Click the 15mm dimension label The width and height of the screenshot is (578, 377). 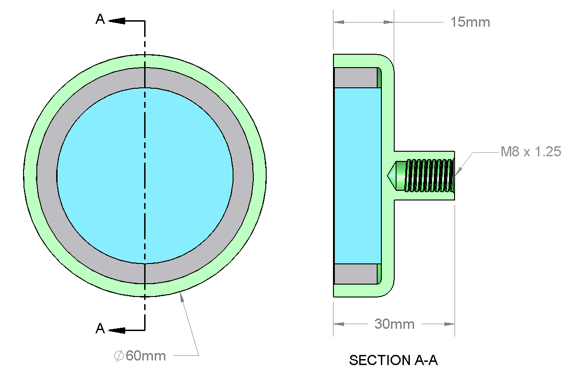tap(470, 22)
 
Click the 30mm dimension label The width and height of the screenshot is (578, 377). tap(394, 324)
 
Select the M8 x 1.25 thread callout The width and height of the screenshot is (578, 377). tap(531, 151)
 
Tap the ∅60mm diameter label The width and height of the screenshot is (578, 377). tap(140, 355)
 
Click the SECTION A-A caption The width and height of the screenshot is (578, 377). tap(393, 360)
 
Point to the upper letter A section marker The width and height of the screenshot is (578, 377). tap(100, 19)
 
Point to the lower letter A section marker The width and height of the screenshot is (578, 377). tap(100, 329)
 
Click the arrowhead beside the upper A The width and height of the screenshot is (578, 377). tap(118, 21)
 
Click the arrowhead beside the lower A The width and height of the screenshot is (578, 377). tap(118, 330)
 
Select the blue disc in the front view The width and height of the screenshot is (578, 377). tap(184, 175)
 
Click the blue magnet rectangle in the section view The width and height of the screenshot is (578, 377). tap(357, 175)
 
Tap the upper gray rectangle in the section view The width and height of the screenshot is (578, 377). tap(355, 77)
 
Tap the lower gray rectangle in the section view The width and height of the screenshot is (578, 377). tap(355, 274)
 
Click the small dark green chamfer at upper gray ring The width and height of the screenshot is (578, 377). tap(379, 77)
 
